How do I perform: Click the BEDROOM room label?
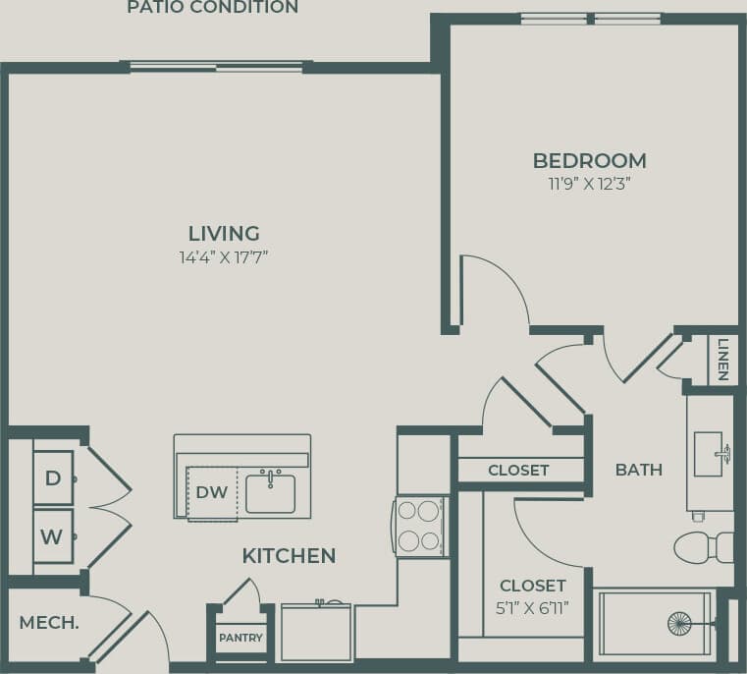pos(589,160)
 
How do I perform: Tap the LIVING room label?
pos(224,234)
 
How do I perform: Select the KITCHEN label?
pos(289,556)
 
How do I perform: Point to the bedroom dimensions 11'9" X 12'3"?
pos(589,184)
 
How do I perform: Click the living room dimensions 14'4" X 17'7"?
pos(224,257)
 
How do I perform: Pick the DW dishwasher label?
pos(213,492)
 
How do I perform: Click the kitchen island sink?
pos(270,493)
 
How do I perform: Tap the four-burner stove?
pos(419,526)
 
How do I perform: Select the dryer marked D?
pos(52,478)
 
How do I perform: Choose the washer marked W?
pos(52,535)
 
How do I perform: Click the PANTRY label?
pos(240,638)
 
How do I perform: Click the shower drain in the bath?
pos(679,623)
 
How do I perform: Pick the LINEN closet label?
pos(722,360)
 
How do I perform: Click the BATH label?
pos(638,470)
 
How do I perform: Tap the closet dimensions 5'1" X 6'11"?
pos(533,607)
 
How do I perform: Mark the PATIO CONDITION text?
pos(212,8)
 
